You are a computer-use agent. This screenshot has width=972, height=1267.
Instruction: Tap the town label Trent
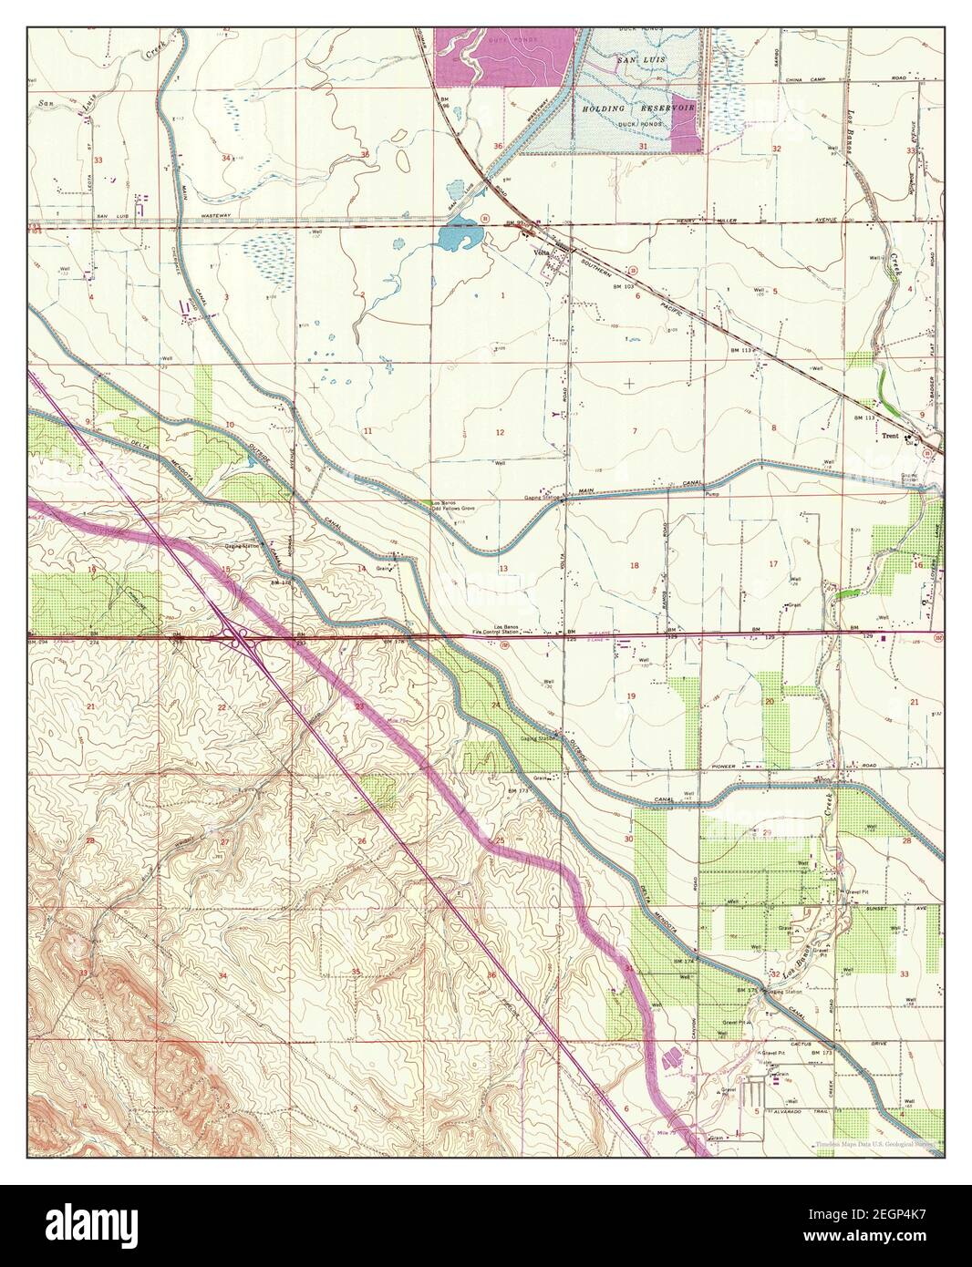[891, 436]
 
